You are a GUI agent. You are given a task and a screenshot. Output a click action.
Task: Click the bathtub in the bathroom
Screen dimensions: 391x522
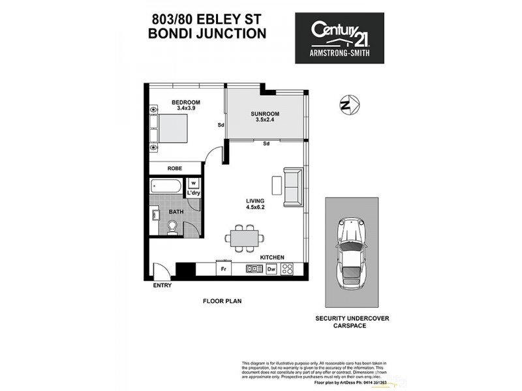167,185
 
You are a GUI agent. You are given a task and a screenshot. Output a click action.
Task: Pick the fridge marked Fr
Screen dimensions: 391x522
223,268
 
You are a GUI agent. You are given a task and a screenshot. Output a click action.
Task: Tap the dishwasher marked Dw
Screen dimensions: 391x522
271,268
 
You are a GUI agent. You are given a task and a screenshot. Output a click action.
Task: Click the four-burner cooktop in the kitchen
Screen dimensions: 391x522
288,268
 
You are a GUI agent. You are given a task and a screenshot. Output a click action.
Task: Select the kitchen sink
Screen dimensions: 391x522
253,268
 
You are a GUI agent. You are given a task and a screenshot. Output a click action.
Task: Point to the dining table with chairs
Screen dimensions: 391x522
244,238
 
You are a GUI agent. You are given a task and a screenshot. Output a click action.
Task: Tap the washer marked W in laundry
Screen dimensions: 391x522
193,183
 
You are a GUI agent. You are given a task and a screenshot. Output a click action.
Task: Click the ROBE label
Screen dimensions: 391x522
174,168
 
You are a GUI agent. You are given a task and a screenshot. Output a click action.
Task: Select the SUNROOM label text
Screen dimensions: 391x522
264,114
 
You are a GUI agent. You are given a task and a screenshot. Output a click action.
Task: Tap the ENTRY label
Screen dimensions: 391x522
162,285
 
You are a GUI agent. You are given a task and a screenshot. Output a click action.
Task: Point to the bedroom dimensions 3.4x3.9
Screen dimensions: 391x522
185,108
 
